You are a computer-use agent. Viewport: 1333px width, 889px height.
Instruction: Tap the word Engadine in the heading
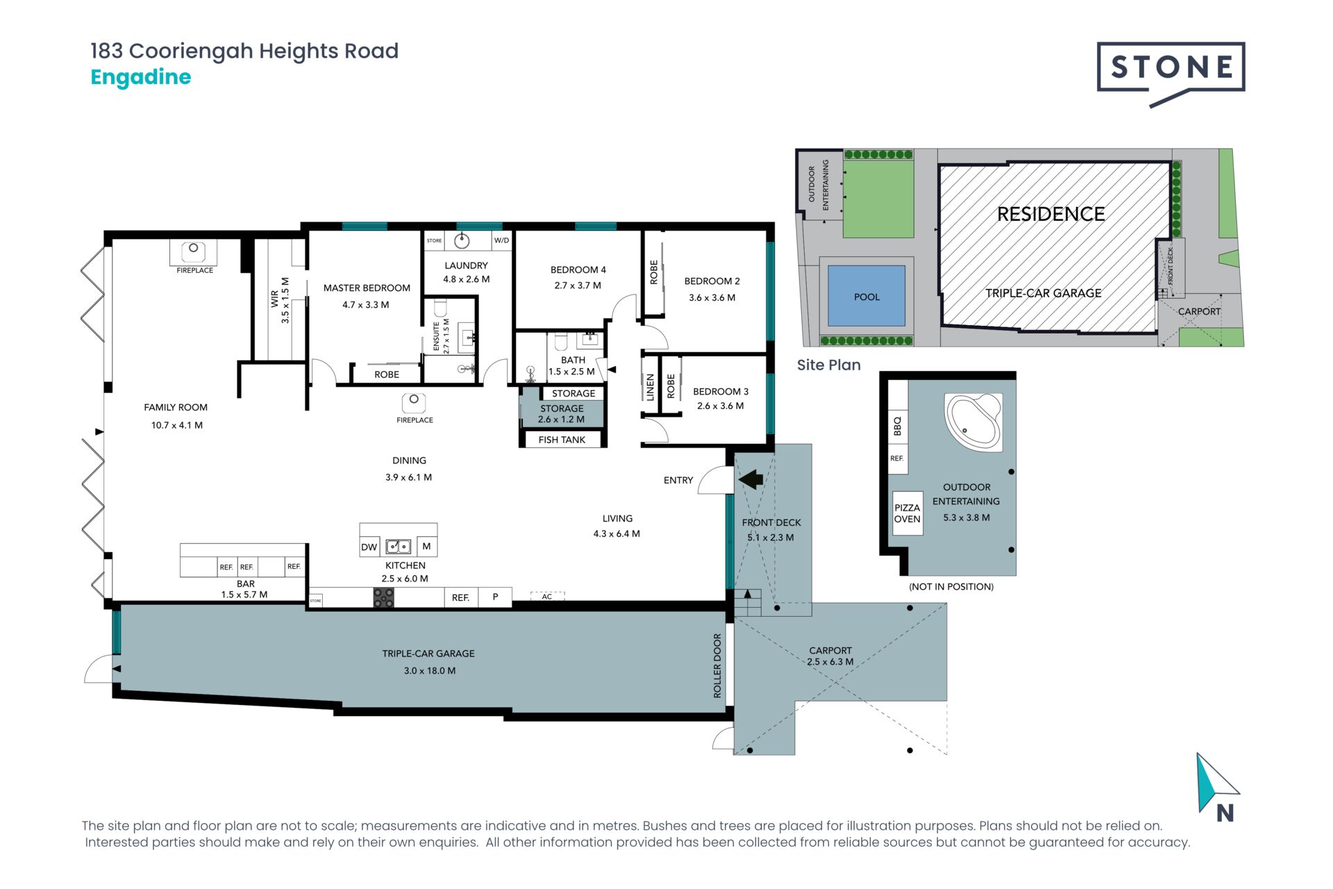click(141, 77)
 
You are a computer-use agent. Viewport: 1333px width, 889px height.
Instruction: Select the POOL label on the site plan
click(866, 297)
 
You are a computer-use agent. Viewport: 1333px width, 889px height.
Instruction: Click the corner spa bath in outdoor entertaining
click(973, 422)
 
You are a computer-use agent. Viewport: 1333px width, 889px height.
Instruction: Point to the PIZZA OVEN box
click(907, 513)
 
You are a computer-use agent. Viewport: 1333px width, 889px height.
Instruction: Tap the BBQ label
click(897, 426)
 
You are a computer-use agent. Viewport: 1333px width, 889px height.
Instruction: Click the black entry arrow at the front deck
click(751, 479)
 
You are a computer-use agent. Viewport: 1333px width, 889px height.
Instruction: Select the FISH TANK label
click(562, 440)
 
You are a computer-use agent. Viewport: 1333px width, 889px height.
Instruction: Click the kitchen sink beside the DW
click(399, 547)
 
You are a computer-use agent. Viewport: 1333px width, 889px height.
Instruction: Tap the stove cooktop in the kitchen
click(383, 597)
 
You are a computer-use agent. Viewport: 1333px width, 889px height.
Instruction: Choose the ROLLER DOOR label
click(717, 665)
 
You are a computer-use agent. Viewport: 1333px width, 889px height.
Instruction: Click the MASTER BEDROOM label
click(367, 288)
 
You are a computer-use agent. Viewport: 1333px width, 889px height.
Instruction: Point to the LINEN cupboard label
click(651, 388)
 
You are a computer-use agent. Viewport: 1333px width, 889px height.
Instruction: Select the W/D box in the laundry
click(501, 240)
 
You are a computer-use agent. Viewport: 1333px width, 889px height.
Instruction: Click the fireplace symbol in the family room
click(194, 251)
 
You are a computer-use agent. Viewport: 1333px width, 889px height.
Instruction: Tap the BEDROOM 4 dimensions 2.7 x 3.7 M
click(578, 285)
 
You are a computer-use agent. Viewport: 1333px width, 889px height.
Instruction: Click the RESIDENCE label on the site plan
click(1051, 214)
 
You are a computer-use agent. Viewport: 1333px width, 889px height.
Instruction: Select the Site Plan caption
click(828, 365)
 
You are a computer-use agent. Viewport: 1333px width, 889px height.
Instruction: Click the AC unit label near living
click(547, 596)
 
